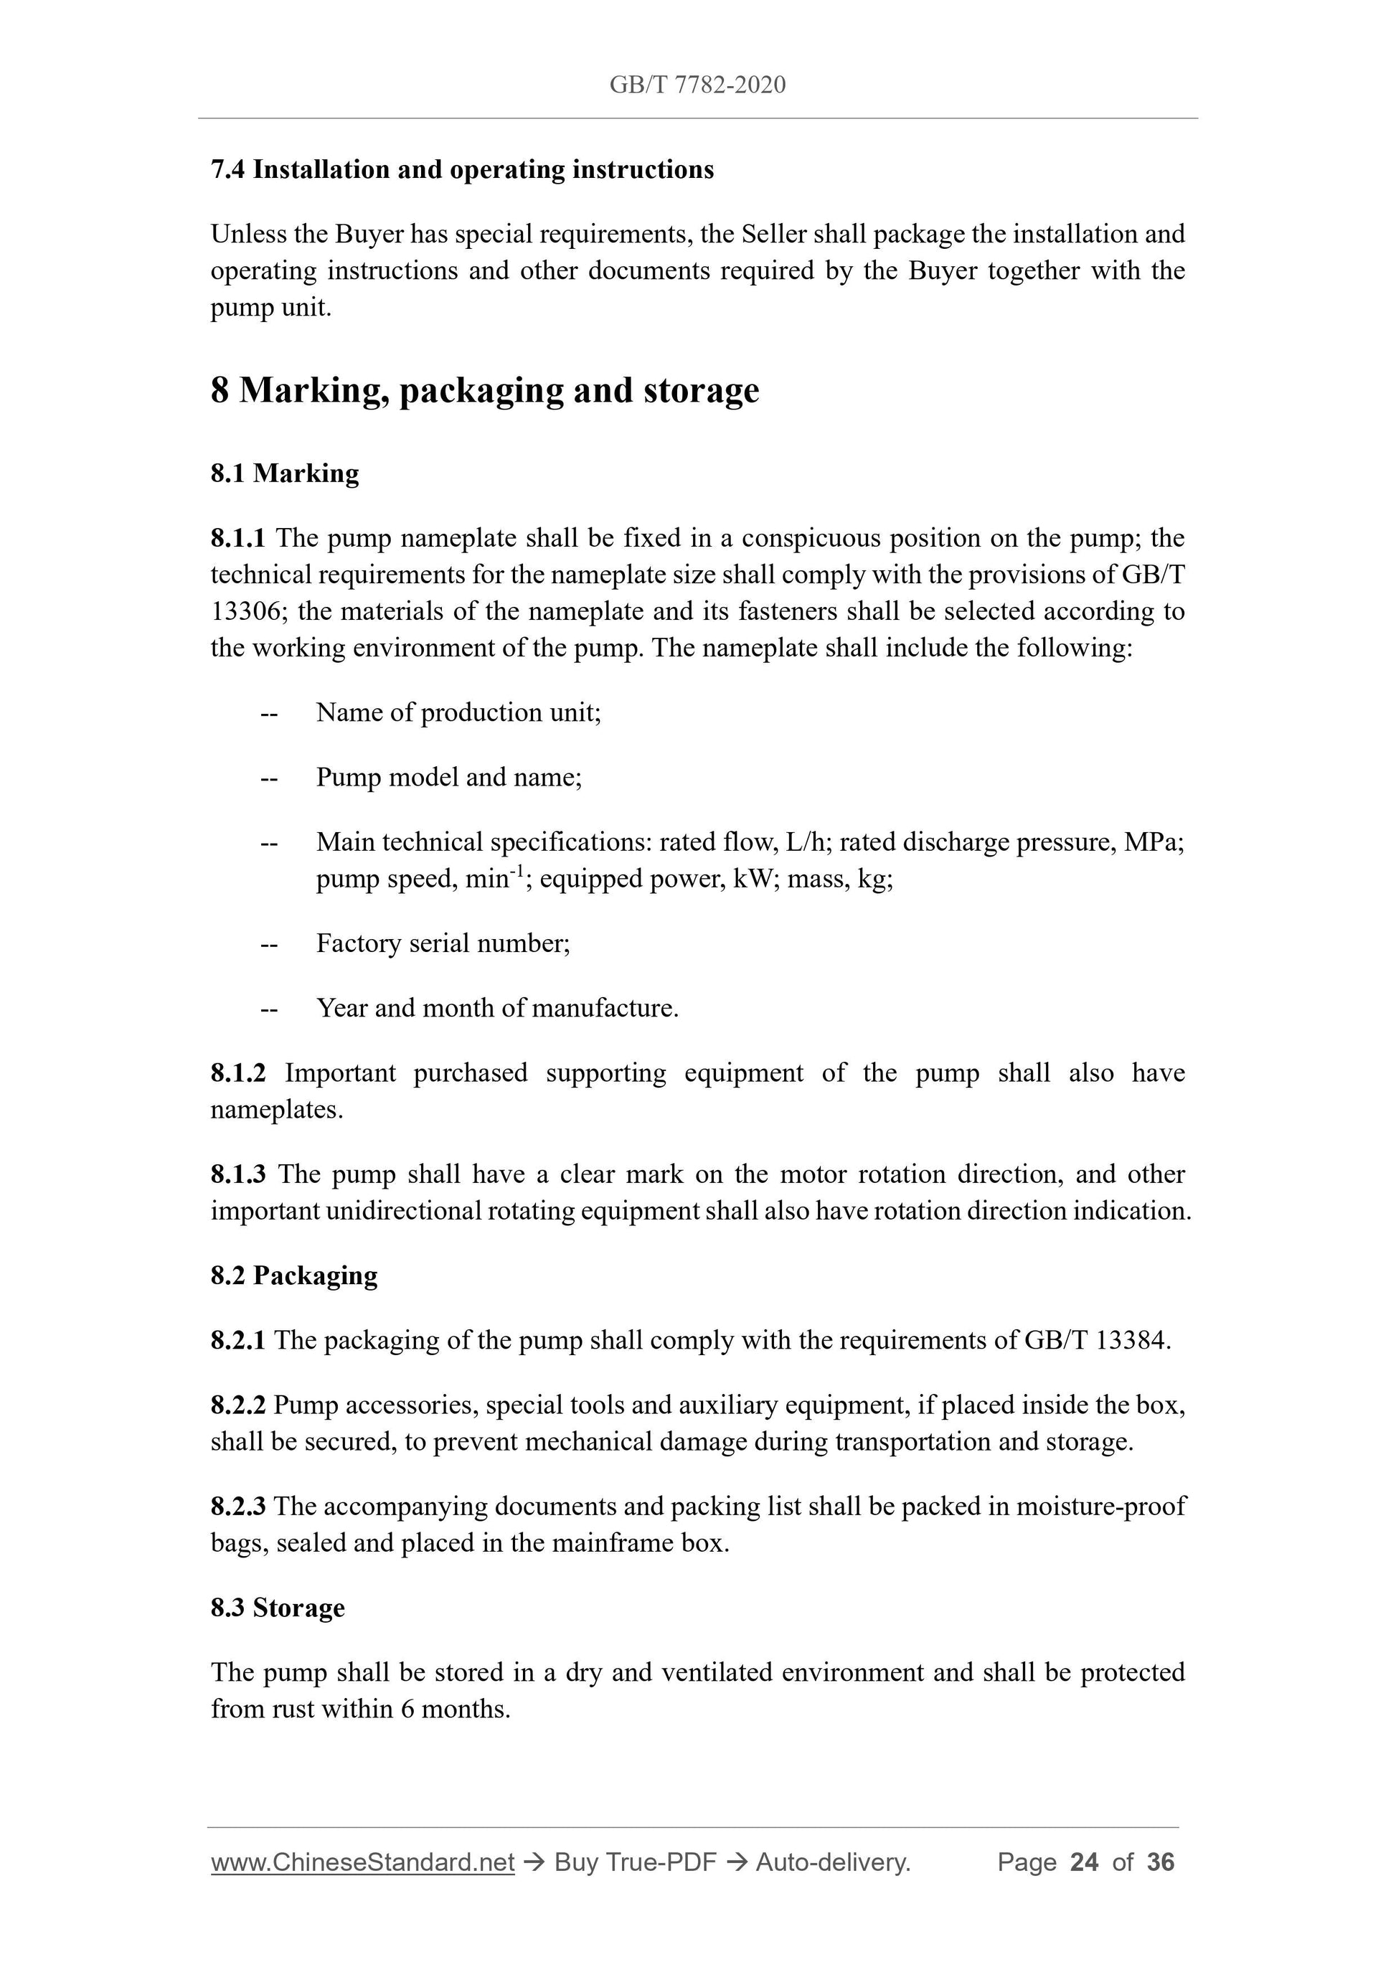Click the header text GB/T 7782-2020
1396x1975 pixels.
click(697, 85)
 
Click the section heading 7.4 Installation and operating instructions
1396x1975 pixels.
click(462, 169)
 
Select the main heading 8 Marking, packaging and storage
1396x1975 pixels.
click(484, 390)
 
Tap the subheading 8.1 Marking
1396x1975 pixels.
click(285, 473)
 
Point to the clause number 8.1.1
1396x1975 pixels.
click(237, 539)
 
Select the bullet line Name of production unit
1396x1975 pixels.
click(458, 712)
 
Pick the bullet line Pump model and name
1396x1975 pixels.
click(449, 778)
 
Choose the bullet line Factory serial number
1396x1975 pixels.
click(443, 943)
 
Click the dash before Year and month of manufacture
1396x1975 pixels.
click(269, 1009)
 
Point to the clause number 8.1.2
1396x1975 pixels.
click(237, 1073)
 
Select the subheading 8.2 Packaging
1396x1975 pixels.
click(294, 1276)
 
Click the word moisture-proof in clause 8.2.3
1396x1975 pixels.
click(1100, 1507)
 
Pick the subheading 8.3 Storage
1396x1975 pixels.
click(278, 1608)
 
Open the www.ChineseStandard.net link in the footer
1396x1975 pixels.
click(362, 1862)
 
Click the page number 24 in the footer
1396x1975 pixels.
click(1084, 1862)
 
